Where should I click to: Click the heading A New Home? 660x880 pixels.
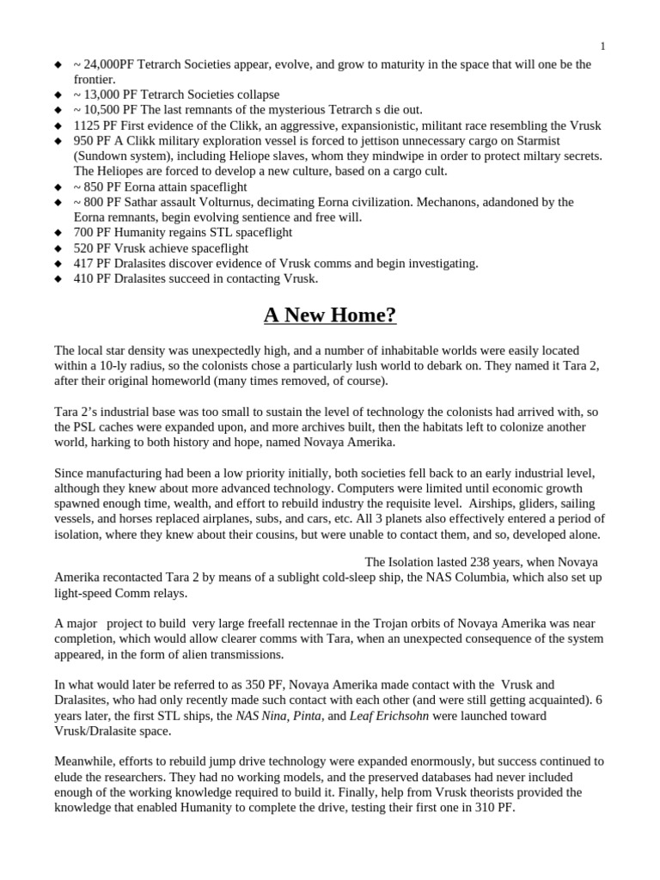coord(330,315)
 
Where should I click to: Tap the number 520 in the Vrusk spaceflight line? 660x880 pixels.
coord(84,248)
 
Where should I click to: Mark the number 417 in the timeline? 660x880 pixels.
coord(84,264)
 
